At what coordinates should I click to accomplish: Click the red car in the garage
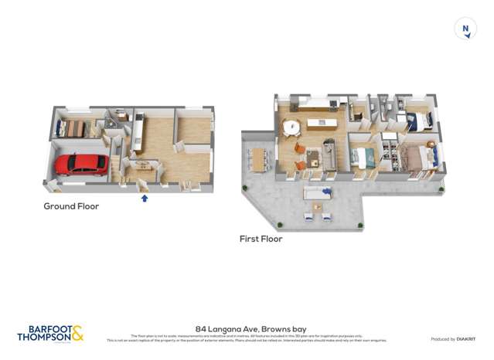[81, 164]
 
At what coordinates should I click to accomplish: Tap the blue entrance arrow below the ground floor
[145, 198]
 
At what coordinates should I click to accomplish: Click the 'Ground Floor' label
[71, 206]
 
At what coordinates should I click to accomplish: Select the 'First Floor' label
[261, 239]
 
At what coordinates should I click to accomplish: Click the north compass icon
[465, 30]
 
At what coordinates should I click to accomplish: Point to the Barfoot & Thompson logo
[50, 334]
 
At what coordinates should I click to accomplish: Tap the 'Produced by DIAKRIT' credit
[453, 339]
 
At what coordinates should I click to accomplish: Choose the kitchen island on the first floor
[320, 123]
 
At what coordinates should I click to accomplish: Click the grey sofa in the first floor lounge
[329, 155]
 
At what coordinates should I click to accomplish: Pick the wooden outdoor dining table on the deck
[257, 159]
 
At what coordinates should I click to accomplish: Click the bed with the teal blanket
[363, 157]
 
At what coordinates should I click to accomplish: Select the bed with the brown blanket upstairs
[418, 158]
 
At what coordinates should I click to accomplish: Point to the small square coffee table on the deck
[317, 207]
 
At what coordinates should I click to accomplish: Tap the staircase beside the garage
[116, 165]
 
